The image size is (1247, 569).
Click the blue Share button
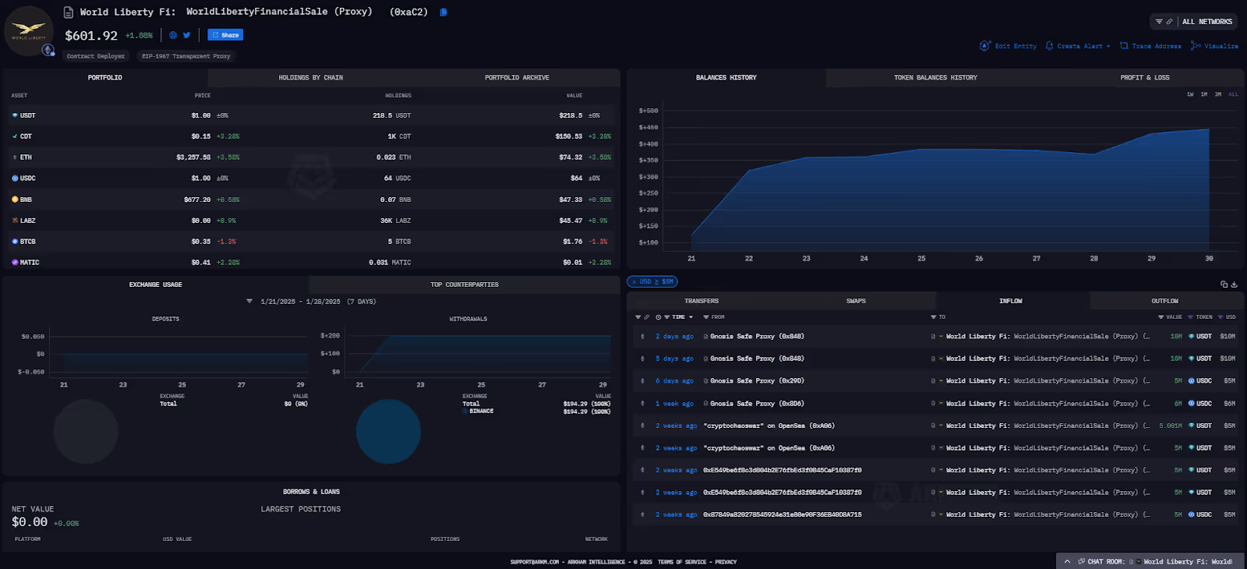pos(225,35)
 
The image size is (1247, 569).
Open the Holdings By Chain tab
pos(310,78)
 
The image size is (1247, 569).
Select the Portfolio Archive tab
pos(517,78)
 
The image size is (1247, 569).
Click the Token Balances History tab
pos(935,78)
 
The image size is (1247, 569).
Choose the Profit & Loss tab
pos(1144,78)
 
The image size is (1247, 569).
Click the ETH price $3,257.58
pos(193,157)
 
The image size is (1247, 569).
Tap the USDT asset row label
pos(27,115)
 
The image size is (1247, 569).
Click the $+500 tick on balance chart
pos(648,111)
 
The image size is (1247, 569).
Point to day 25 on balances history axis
pos(921,258)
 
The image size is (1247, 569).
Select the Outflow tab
pos(1164,301)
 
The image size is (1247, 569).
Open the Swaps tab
pos(856,301)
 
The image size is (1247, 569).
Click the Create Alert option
pos(1079,46)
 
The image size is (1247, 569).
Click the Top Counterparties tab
pos(465,284)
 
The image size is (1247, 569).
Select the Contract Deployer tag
pos(96,56)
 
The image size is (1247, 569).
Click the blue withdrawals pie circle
pos(388,431)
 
